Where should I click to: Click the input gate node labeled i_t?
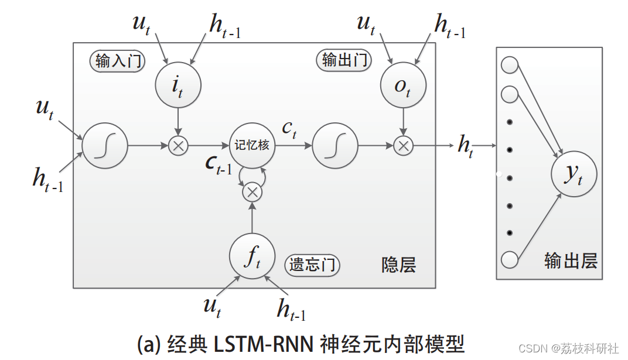tap(178, 85)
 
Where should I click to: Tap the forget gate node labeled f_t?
tap(252, 256)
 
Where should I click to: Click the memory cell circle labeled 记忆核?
tap(252, 145)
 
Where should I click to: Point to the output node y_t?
tap(574, 174)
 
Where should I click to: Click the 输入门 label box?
tap(118, 61)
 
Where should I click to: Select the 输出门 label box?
tap(345, 60)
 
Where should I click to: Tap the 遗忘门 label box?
tap(313, 265)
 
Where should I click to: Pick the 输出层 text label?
tap(571, 260)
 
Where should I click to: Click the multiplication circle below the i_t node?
tap(178, 145)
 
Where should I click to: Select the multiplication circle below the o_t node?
tap(402, 145)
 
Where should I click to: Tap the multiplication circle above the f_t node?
tap(252, 191)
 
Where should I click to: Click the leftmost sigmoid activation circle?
tap(105, 145)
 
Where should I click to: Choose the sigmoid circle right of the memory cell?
tap(335, 145)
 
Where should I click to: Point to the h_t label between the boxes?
tap(466, 146)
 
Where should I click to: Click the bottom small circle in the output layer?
tap(510, 259)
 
